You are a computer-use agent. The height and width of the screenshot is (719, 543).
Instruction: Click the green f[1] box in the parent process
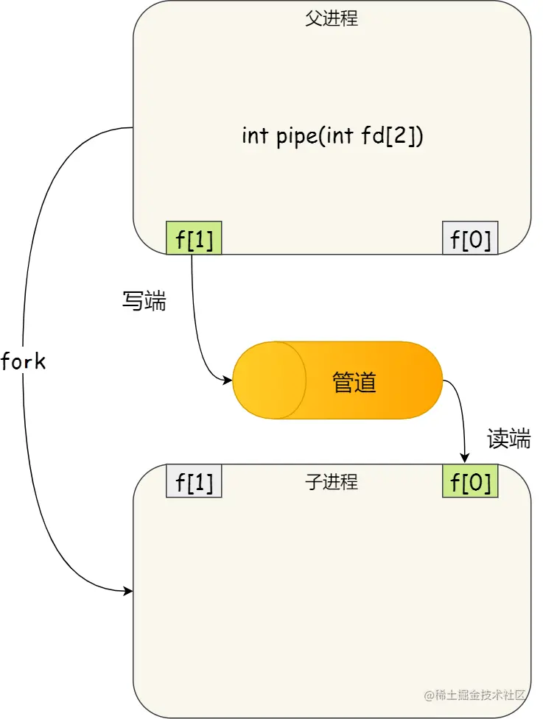[x=195, y=238]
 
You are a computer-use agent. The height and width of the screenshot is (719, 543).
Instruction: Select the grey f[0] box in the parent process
[x=470, y=238]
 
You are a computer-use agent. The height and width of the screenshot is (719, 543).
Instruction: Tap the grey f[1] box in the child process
[x=195, y=482]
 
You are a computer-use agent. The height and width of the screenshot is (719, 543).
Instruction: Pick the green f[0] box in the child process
[x=470, y=482]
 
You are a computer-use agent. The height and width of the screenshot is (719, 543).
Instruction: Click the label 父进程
[x=332, y=19]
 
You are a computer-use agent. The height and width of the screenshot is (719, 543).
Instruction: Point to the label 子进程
[x=332, y=483]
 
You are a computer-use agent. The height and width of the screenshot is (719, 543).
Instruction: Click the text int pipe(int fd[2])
[x=332, y=136]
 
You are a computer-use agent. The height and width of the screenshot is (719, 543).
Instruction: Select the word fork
[x=24, y=361]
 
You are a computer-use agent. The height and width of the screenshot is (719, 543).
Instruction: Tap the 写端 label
[x=144, y=301]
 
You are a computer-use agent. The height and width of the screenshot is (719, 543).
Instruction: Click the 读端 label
[x=509, y=439]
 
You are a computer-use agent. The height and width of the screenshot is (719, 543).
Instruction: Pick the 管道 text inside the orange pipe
[x=354, y=382]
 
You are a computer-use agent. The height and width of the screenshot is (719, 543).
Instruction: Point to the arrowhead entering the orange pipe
[x=228, y=380]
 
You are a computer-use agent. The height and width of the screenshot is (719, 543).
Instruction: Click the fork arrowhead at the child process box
[x=128, y=590]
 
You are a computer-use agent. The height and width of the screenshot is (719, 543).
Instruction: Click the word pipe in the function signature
[x=296, y=137]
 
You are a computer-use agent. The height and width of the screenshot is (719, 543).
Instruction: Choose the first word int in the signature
[x=255, y=136]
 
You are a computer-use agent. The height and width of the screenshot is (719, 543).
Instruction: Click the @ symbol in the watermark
[x=429, y=695]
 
